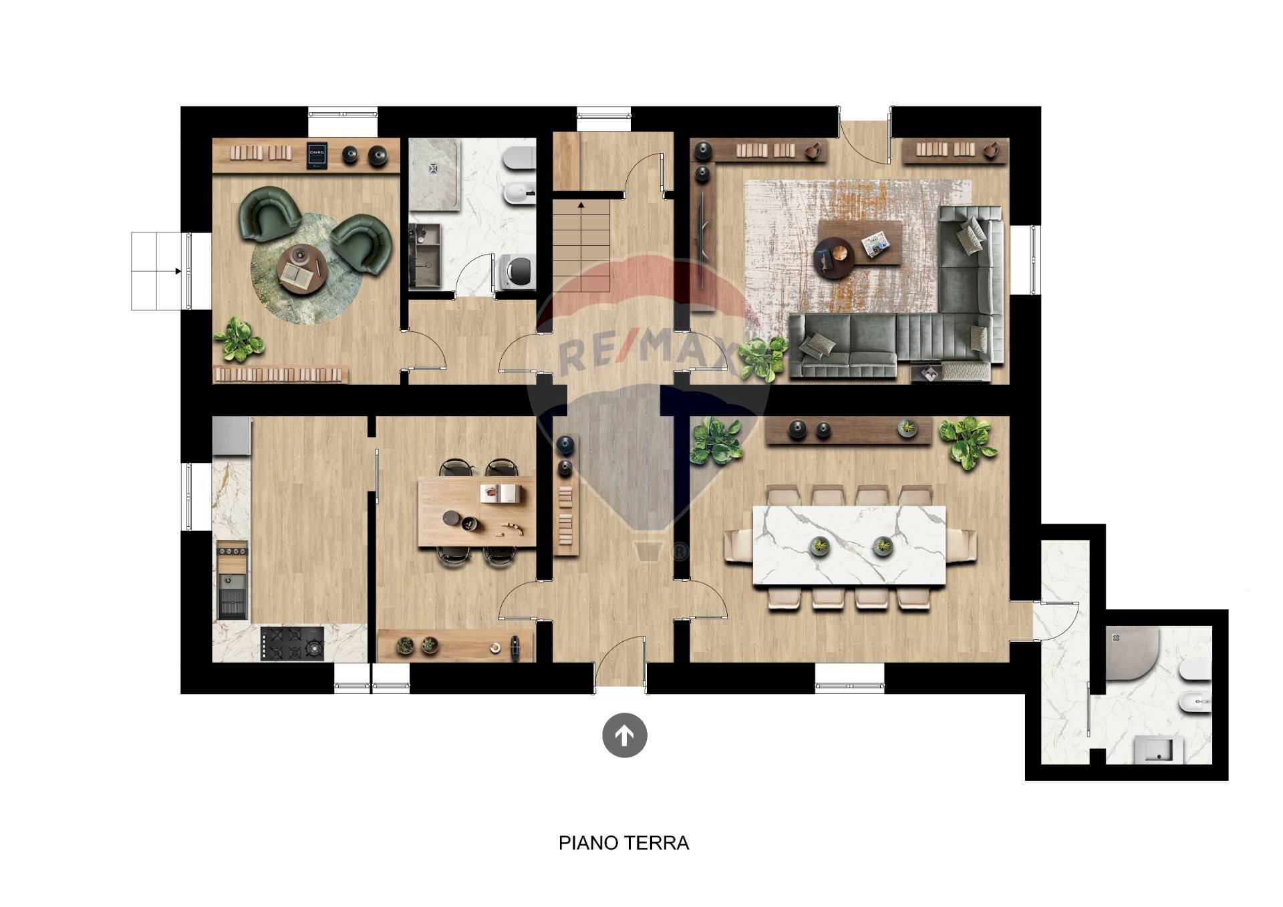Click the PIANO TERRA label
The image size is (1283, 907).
point(623,843)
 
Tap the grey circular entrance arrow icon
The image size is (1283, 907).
point(624,735)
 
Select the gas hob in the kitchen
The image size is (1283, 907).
point(292,644)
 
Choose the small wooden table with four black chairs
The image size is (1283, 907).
point(476,512)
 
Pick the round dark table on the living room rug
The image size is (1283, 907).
point(834,257)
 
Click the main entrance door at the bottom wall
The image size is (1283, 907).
point(619,665)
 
